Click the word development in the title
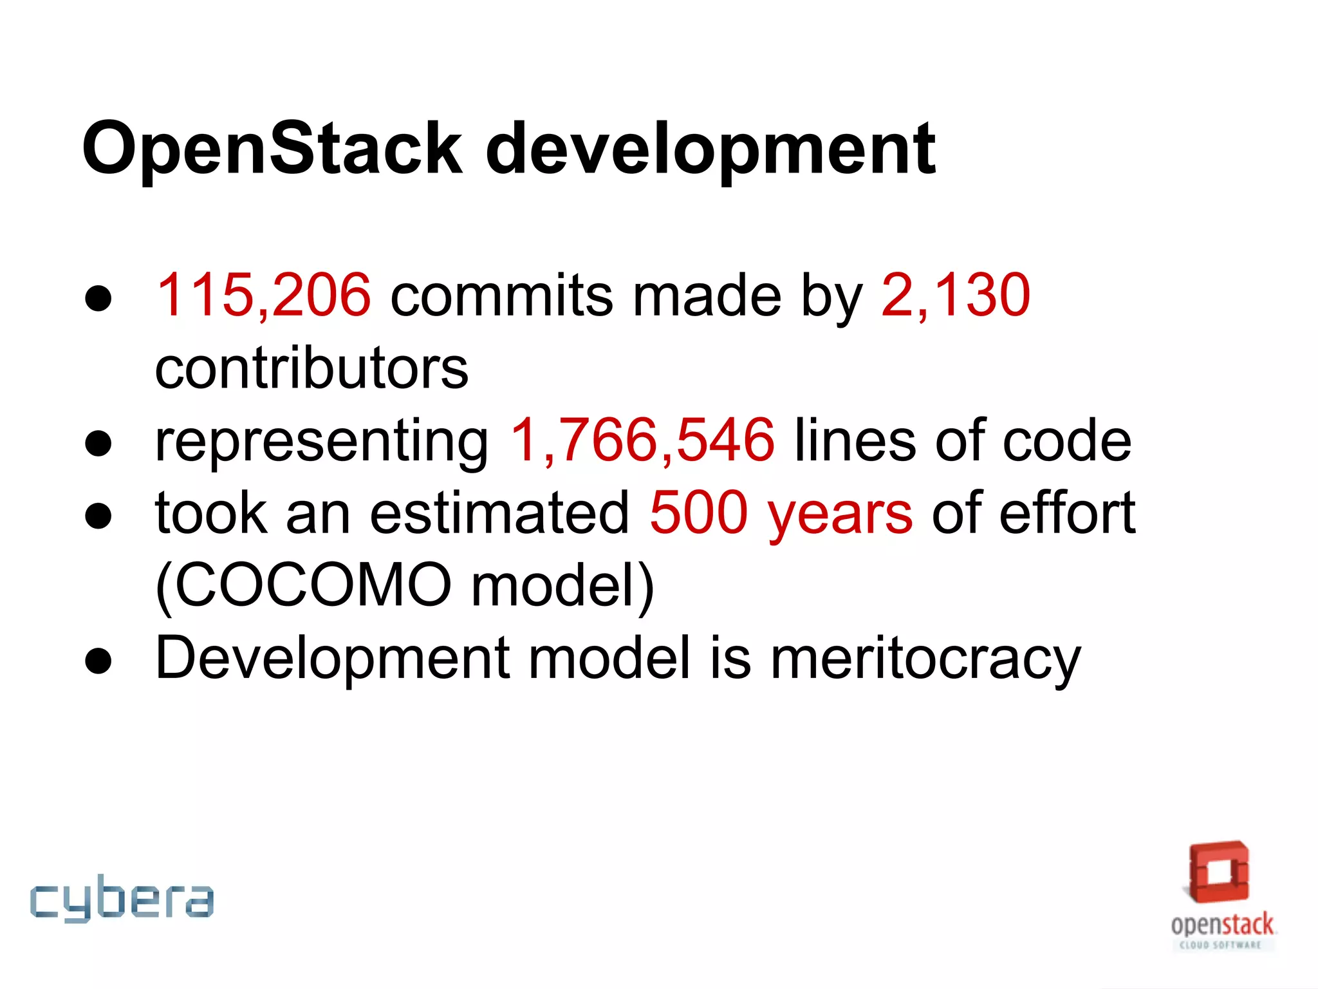[710, 149]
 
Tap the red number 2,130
[956, 295]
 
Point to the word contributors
[312, 368]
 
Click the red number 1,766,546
[642, 440]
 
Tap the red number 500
[698, 513]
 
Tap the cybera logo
[122, 899]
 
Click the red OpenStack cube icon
[1219, 872]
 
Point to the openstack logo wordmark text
[1221, 925]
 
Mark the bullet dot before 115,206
[98, 299]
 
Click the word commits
[502, 295]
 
